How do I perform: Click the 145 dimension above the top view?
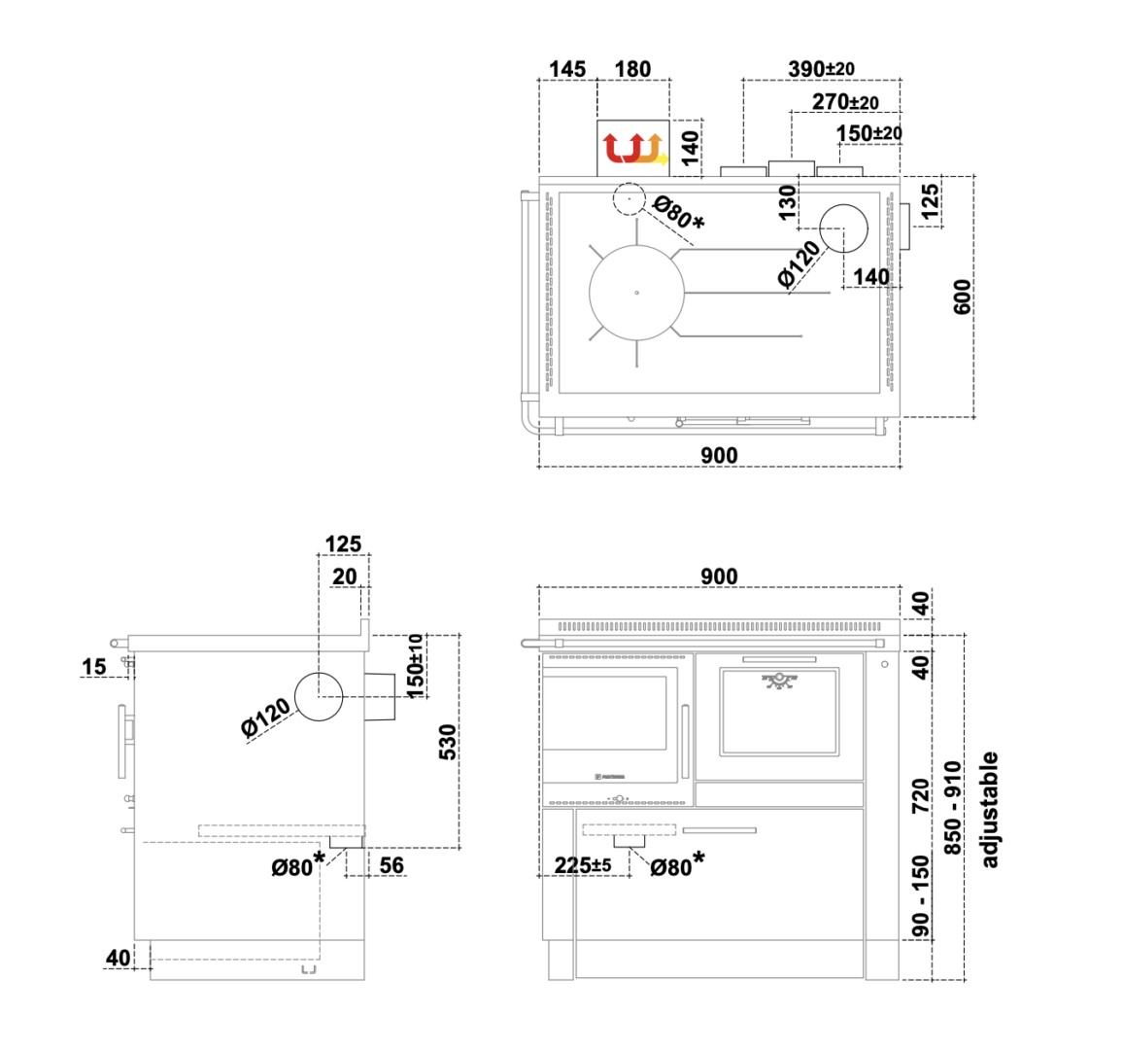[x=567, y=70]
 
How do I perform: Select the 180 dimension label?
[x=633, y=70]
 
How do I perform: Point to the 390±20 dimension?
[x=822, y=69]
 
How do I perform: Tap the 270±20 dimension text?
[x=845, y=102]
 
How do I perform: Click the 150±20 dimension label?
[x=869, y=133]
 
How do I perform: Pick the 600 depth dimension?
[x=962, y=297]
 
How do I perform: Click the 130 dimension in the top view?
[x=787, y=203]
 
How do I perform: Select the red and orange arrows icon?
[x=634, y=149]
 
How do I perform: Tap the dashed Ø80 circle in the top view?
[x=629, y=183]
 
